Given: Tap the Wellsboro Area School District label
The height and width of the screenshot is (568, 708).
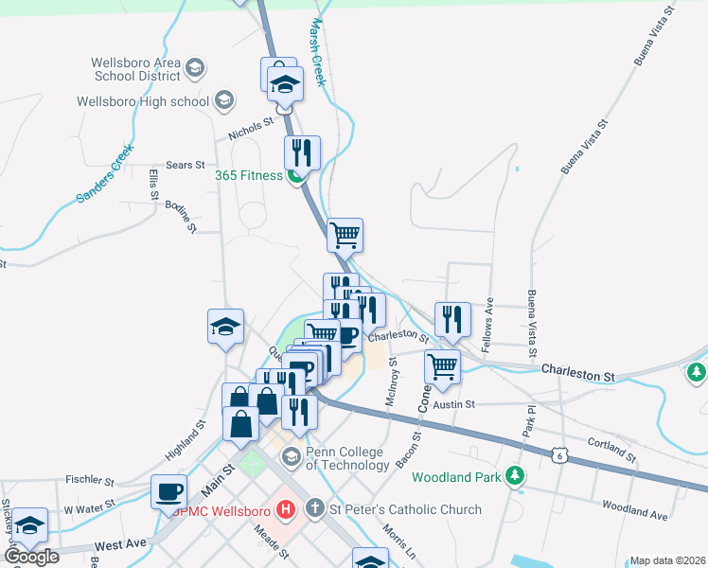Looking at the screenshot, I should (x=135, y=69).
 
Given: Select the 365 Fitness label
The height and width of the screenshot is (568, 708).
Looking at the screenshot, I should (x=248, y=175).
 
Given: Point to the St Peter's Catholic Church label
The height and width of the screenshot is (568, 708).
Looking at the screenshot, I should (x=405, y=509).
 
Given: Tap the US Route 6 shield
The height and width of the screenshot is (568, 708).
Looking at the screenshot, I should (x=561, y=456).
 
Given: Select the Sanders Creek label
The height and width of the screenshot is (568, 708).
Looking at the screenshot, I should (x=107, y=173).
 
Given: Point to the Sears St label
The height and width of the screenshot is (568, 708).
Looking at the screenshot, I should (x=186, y=166).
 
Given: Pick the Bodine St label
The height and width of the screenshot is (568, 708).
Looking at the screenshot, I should (x=180, y=217).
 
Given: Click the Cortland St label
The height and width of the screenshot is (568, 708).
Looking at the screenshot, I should (x=611, y=444).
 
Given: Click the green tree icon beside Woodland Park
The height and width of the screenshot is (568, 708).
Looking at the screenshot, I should (x=515, y=476).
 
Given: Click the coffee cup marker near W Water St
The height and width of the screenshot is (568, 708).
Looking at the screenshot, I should (x=169, y=492).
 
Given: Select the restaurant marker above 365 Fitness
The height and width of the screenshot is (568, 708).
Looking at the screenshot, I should (x=302, y=151).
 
